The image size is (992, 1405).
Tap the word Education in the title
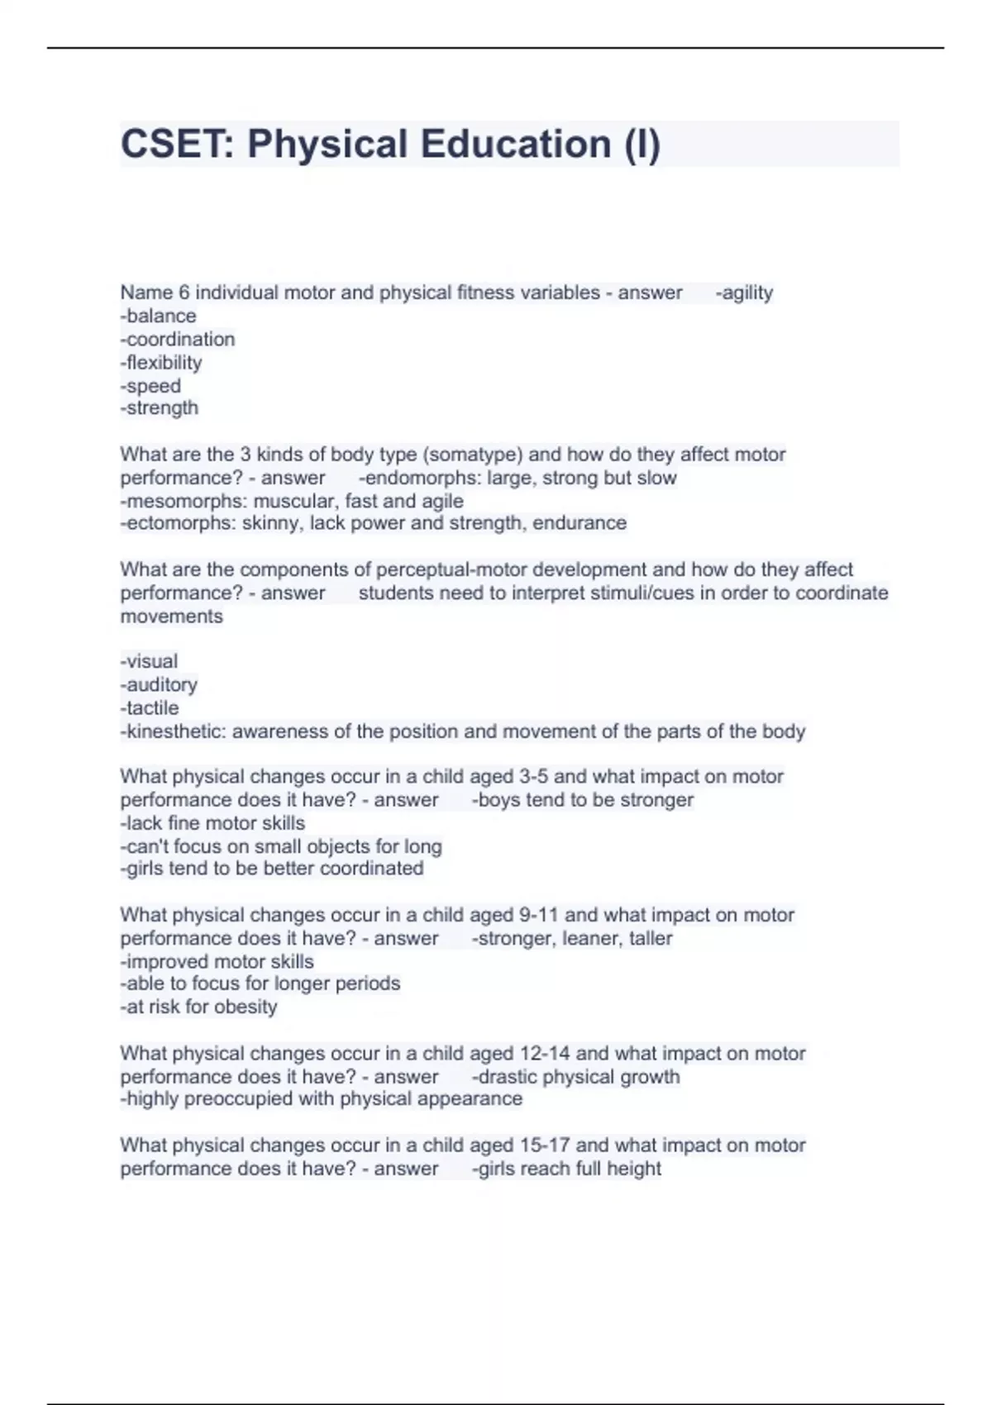tap(516, 144)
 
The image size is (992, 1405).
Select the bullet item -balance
tap(159, 316)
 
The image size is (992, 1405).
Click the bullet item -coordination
tap(178, 339)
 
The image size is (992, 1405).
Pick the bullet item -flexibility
tap(161, 362)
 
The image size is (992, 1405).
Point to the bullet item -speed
tap(150, 385)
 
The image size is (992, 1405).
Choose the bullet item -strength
tap(160, 407)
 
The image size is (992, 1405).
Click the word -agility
tap(744, 293)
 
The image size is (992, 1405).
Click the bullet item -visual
tap(149, 661)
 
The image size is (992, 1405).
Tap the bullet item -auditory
tap(159, 684)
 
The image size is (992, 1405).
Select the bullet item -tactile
tap(150, 707)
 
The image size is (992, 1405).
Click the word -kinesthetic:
tap(173, 731)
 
